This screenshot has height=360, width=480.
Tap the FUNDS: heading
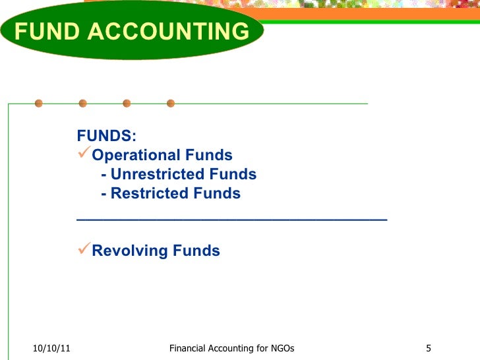[107, 136]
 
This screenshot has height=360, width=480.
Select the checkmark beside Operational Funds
[84, 155]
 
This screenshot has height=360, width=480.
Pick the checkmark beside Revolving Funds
[84, 250]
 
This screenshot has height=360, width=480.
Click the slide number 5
[429, 348]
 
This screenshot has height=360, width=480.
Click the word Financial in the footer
[189, 348]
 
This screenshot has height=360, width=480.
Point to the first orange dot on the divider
[39, 104]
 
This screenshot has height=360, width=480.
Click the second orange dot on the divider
[83, 104]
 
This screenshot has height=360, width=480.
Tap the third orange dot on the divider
[127, 104]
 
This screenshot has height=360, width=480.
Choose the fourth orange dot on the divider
[171, 104]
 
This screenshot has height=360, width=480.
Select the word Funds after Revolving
[196, 251]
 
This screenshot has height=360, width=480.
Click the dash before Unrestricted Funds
[104, 175]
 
